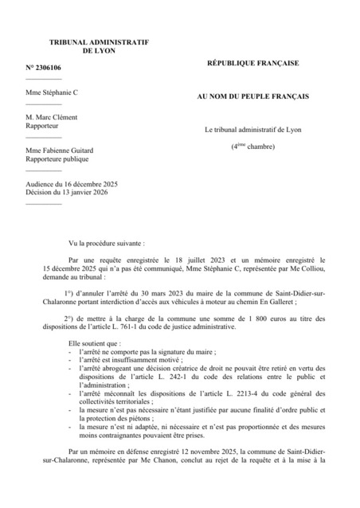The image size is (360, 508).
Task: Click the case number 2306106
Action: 48,68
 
